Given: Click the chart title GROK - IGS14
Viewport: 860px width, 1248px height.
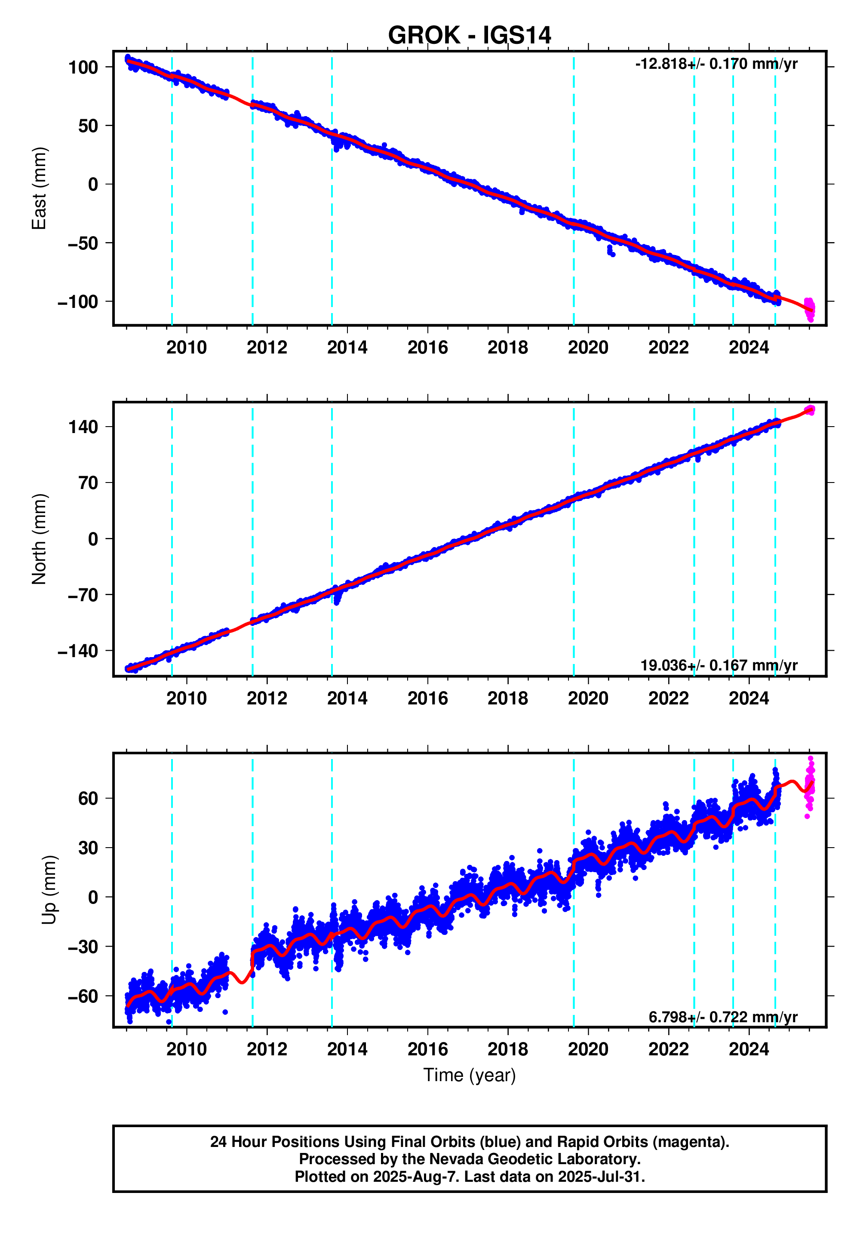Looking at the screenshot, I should (469, 36).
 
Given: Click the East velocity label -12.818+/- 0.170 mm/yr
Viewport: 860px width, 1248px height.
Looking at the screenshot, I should (716, 64).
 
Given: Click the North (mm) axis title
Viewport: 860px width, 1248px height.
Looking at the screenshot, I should (39, 539).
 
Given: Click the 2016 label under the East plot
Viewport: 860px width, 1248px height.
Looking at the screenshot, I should (427, 347).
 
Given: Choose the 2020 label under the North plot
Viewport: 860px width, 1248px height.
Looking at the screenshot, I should (588, 698).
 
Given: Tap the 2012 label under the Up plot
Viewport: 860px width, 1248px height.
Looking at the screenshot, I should (267, 1049).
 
